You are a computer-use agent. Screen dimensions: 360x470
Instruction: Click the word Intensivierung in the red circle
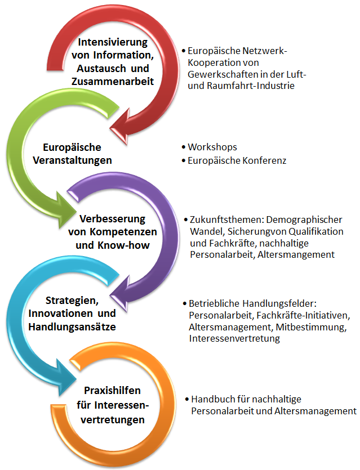point(113,43)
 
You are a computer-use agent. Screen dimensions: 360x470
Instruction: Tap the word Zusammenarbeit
point(113,82)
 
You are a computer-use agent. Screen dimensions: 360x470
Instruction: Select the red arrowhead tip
point(110,129)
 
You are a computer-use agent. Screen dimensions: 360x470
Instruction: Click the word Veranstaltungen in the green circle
point(72,160)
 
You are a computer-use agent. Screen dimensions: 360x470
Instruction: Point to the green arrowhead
point(64,210)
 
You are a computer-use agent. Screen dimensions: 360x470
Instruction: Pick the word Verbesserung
point(113,219)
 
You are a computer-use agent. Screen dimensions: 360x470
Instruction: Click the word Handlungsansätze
point(72,326)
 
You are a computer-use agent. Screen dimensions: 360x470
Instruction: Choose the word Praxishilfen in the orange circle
point(113,391)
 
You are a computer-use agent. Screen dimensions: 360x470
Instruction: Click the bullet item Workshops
point(212,147)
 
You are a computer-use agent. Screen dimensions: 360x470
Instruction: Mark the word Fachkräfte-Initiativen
point(303,316)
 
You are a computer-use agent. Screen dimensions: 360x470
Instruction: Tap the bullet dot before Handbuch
point(187,399)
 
